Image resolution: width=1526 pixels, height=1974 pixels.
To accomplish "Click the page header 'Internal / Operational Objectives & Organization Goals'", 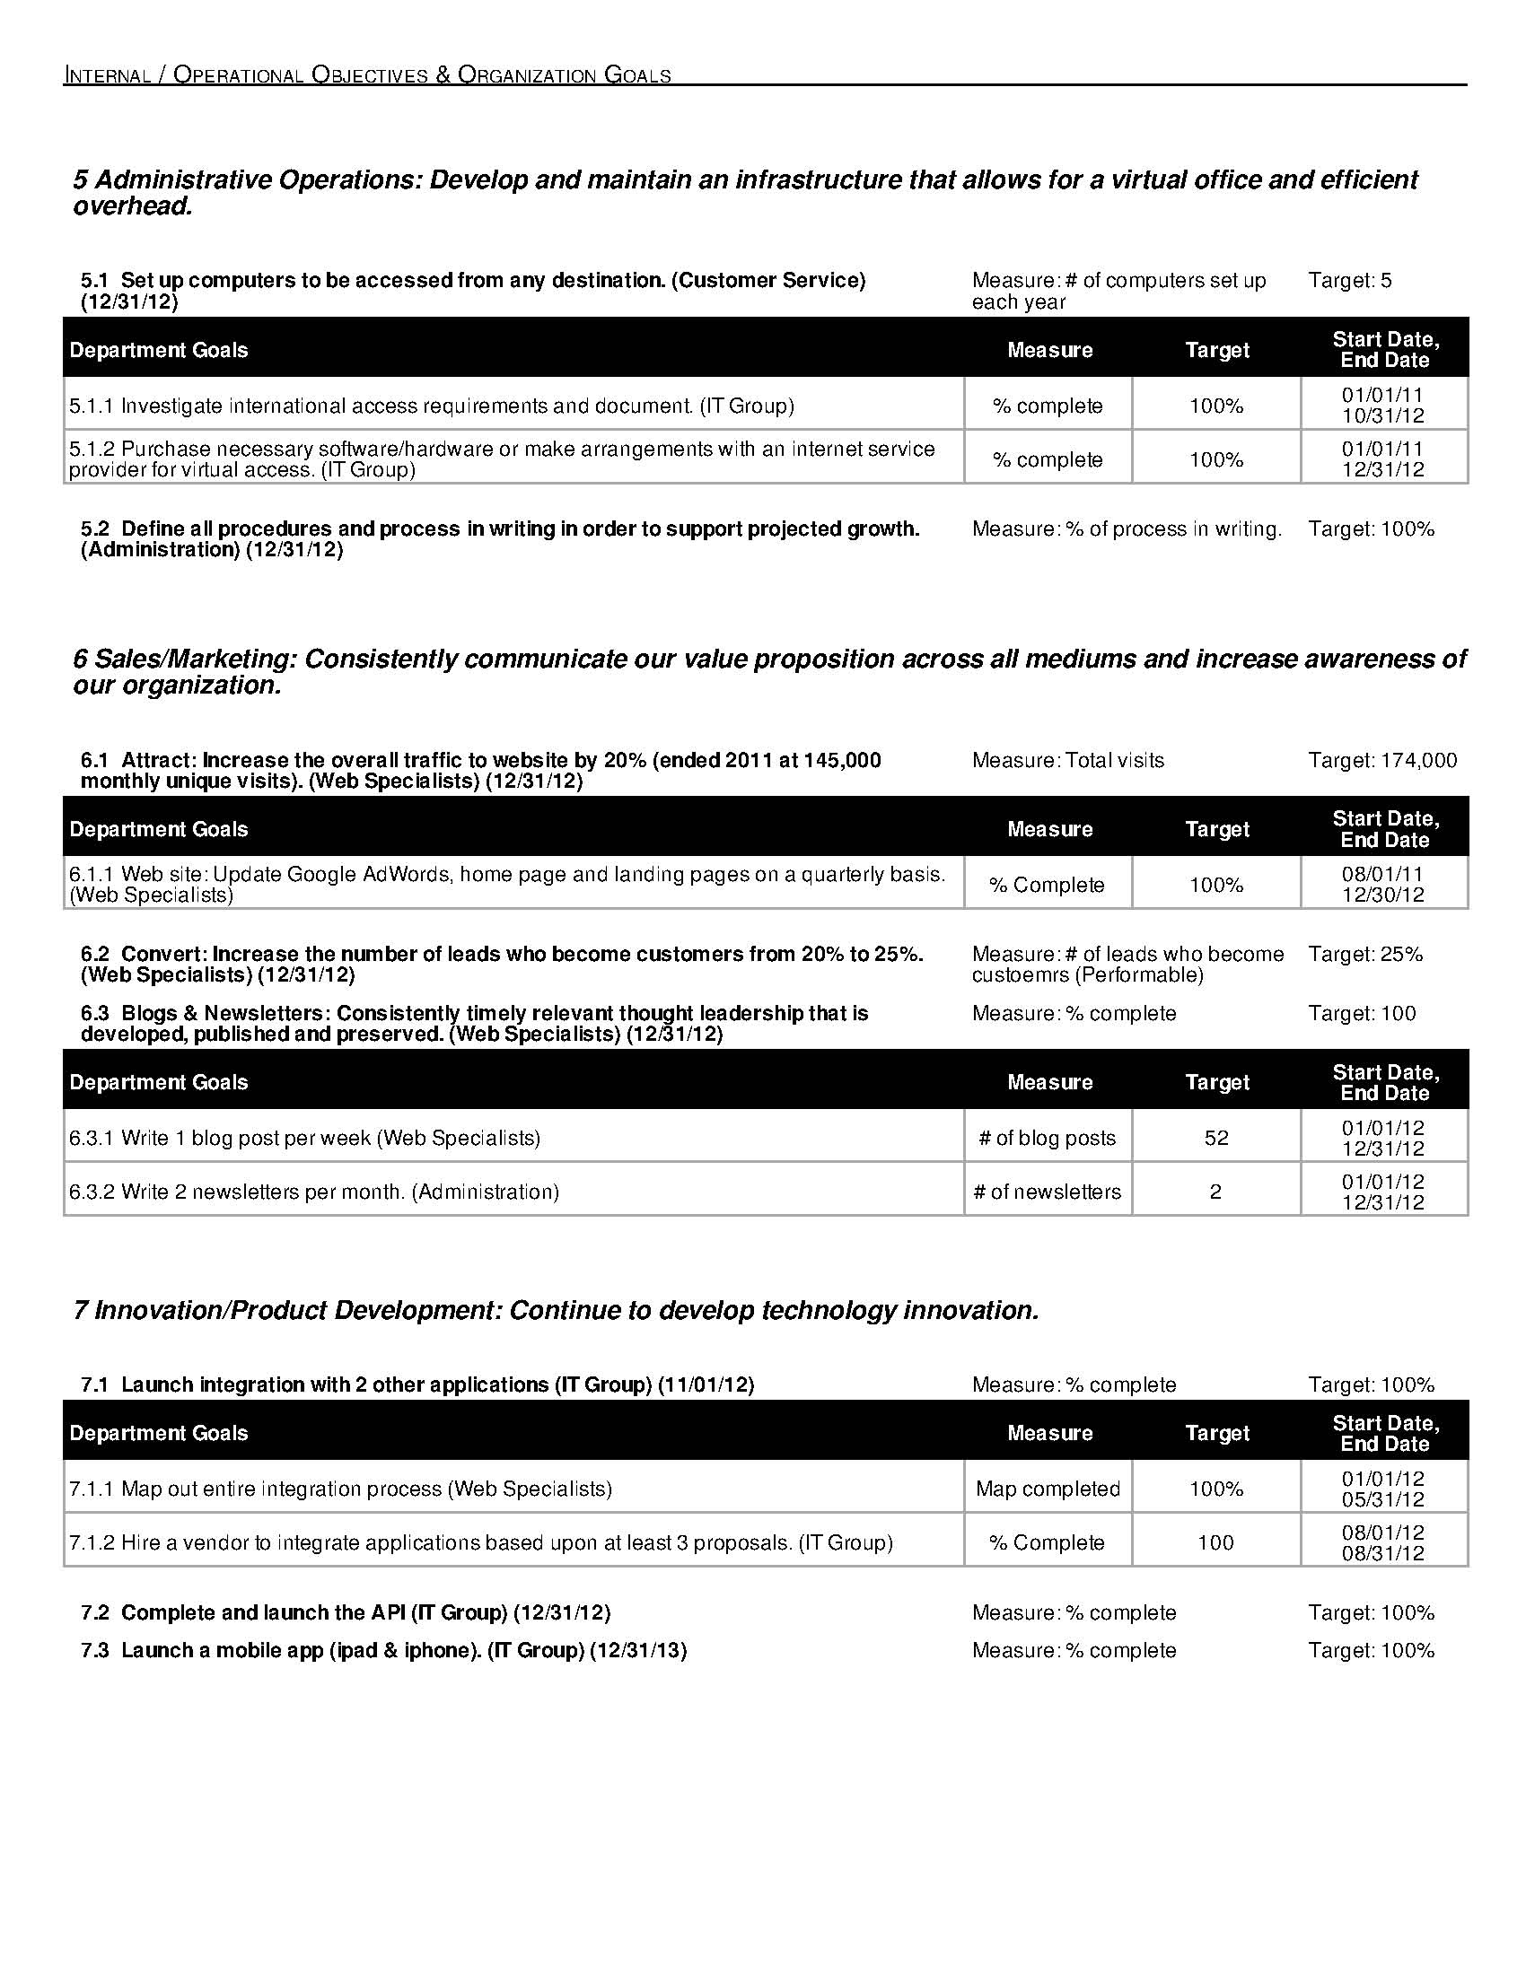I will click(367, 75).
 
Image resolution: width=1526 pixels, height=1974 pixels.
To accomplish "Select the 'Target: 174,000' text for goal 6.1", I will click(1382, 760).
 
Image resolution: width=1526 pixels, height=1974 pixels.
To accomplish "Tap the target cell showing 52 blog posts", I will click(1216, 1138).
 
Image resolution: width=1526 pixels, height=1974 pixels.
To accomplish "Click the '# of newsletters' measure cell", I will click(1047, 1192).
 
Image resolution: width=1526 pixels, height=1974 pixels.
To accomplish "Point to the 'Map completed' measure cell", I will click(1048, 1489).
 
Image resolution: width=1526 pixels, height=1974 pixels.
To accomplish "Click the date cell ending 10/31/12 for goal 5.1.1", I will click(1383, 405).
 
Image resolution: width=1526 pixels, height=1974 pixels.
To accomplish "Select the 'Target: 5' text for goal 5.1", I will click(1350, 280).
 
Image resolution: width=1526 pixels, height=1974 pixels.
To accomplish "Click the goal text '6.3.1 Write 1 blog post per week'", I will click(304, 1138).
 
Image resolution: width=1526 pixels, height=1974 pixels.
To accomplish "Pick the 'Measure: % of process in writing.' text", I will click(1127, 528).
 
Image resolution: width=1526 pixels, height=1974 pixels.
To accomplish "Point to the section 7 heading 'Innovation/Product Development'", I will click(556, 1310).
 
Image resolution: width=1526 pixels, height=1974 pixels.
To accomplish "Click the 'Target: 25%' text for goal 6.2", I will click(1365, 954).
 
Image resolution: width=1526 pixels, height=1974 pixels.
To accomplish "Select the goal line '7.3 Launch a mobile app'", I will click(383, 1650).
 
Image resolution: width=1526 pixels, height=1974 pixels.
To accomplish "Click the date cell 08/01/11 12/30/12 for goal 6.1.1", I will click(1383, 884).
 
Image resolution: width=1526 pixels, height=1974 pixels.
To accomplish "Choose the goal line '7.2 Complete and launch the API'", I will click(346, 1612).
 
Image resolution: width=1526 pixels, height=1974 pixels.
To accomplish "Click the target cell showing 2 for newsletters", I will click(1216, 1192).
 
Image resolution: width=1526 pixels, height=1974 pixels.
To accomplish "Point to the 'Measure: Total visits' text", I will click(1067, 760).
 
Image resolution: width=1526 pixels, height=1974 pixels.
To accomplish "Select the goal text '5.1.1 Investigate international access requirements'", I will click(431, 406).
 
